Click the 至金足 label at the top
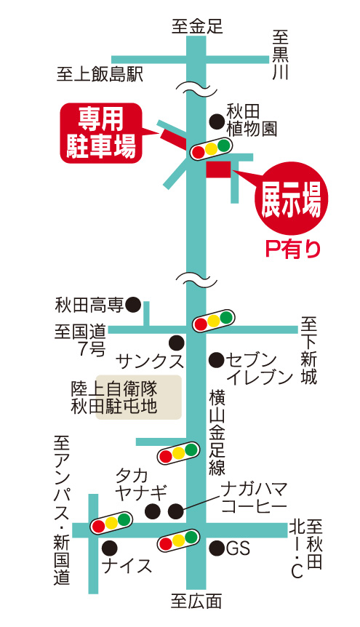pos(197,27)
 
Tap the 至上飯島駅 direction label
pos(100,74)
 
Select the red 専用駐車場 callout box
pos(101,133)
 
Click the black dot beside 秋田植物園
pos(217,121)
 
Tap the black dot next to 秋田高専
pos(133,305)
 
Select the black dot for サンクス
pos(176,343)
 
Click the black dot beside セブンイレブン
pos(217,360)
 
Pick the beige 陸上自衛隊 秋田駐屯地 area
pos(138,397)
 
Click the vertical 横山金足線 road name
pos(217,434)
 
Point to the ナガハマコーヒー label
pos(255,498)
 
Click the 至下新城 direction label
pos(309,351)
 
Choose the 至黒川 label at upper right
pos(281,55)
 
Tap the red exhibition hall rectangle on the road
pos(218,169)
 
